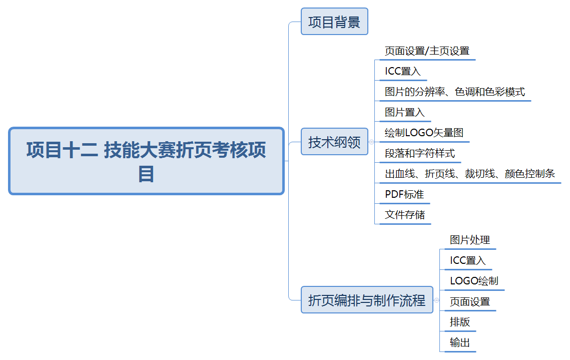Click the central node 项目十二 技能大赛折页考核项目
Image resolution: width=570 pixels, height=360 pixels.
tap(146, 161)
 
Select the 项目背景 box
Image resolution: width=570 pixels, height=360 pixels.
tap(334, 22)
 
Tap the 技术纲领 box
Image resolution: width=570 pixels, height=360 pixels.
tap(334, 142)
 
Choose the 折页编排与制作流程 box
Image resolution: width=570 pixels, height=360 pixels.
tap(367, 300)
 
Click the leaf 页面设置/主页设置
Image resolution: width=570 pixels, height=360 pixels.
tap(427, 51)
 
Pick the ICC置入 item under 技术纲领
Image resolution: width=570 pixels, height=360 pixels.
tap(403, 72)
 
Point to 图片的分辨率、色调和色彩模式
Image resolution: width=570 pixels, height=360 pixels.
tap(455, 92)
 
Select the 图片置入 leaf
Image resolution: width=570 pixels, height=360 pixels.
tap(405, 113)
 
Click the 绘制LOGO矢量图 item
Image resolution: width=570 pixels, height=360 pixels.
tap(424, 133)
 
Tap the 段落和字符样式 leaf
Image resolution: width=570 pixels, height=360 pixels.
tap(420, 154)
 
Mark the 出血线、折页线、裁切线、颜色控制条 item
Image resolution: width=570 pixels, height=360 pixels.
tap(470, 174)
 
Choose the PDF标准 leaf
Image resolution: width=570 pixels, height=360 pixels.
tap(404, 195)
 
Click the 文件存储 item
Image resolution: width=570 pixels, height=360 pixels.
tap(405, 215)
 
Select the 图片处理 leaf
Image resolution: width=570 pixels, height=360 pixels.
tap(470, 240)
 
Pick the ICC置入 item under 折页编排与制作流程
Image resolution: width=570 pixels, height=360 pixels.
tap(468, 261)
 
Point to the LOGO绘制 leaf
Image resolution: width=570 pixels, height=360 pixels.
tap(474, 281)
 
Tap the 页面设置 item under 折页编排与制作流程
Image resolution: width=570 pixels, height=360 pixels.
tap(470, 302)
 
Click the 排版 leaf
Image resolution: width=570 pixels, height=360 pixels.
tap(460, 322)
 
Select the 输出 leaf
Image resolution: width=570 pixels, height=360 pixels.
tap(460, 343)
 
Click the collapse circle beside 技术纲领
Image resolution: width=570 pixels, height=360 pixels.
tap(371, 142)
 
